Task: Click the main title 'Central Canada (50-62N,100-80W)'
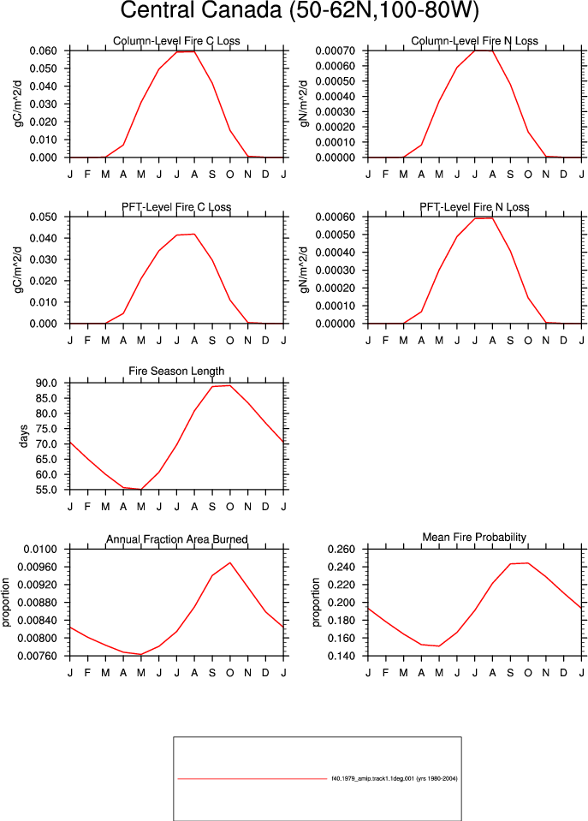[300, 10]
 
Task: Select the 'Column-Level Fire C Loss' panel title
[176, 41]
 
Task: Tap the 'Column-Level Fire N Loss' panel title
[474, 41]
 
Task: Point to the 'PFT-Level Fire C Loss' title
[176, 207]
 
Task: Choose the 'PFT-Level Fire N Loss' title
[474, 207]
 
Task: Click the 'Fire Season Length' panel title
[176, 372]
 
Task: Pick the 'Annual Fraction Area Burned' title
[177, 539]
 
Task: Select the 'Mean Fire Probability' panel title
[474, 538]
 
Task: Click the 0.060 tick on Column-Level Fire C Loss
[44, 51]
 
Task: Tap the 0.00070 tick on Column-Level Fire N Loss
[336, 51]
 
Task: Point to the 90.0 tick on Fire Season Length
[46, 384]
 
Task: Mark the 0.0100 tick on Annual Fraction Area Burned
[40, 550]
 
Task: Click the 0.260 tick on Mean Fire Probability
[342, 550]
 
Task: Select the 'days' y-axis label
[23, 436]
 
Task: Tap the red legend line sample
[252, 778]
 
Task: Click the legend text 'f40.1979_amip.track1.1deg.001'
[372, 778]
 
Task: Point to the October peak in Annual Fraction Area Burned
[230, 562]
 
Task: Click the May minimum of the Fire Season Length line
[141, 489]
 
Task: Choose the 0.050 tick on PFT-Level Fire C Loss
[44, 217]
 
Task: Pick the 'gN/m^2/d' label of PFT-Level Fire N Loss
[304, 271]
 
